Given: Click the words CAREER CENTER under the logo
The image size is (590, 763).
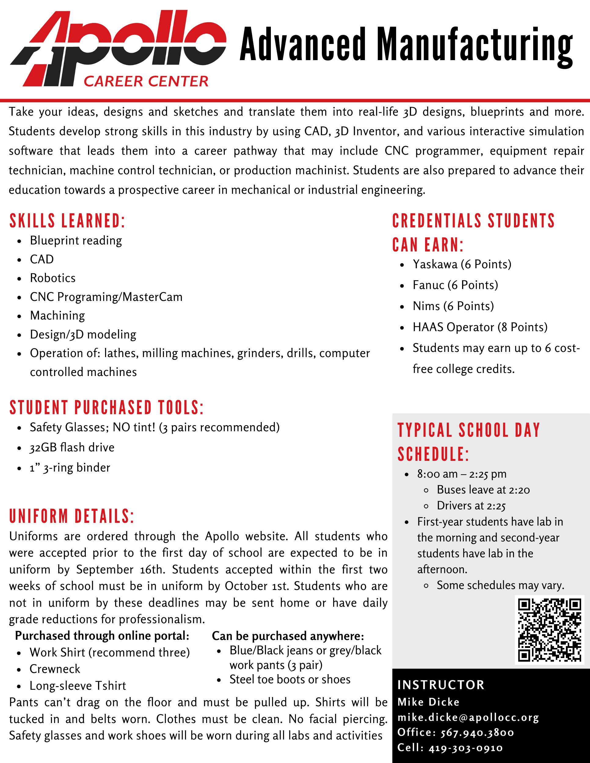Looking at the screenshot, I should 146,81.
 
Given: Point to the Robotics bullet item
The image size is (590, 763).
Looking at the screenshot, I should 53,278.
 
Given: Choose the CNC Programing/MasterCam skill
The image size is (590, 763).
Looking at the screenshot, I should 106,297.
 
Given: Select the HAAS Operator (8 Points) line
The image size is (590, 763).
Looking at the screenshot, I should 480,327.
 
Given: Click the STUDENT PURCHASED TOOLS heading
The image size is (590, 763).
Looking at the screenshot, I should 107,408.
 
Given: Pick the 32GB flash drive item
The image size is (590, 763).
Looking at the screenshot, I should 72,447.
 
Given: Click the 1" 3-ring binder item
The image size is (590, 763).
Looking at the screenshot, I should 70,468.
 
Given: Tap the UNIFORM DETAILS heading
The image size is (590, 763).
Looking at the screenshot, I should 72,516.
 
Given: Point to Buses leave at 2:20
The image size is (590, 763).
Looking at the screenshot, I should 483,490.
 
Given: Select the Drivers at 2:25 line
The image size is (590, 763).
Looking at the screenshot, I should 471,506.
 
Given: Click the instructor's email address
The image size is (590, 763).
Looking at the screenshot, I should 468,718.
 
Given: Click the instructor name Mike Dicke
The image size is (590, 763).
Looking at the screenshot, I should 428,702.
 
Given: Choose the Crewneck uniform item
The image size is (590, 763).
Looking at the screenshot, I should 55,669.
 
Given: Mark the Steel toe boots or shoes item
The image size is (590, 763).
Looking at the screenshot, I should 290,679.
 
